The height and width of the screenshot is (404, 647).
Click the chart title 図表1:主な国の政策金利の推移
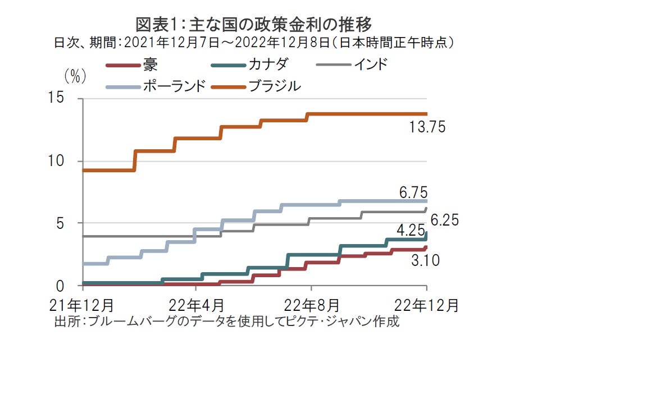254,24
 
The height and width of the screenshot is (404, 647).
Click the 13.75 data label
427,127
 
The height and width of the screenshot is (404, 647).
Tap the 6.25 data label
444,220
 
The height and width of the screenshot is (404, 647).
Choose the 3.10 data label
425,261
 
